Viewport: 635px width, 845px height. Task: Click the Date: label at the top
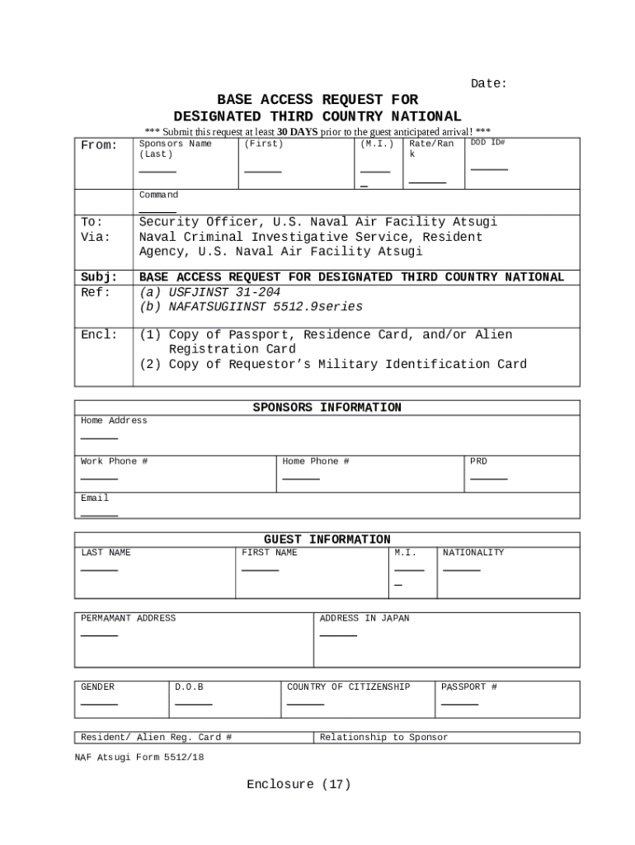(488, 83)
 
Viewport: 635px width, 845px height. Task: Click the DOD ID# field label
(487, 143)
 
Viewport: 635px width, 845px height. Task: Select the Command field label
(158, 195)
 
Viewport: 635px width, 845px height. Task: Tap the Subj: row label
(98, 277)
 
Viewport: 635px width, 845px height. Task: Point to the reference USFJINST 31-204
(209, 292)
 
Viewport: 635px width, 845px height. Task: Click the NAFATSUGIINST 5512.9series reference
(251, 307)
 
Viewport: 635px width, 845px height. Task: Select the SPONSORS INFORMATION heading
(327, 408)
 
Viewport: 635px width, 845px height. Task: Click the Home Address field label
(114, 421)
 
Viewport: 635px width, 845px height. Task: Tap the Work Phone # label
(114, 461)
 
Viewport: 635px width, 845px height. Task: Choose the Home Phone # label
(316, 461)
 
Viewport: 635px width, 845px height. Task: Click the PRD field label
(478, 461)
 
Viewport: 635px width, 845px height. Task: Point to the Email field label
(95, 498)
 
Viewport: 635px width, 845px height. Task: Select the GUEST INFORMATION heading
(327, 540)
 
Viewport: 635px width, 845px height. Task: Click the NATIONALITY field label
(473, 553)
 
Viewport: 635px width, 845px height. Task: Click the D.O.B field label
(189, 687)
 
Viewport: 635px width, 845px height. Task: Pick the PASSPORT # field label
(469, 687)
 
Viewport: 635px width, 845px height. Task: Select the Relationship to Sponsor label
(383, 737)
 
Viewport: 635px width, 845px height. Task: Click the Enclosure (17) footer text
(299, 785)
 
